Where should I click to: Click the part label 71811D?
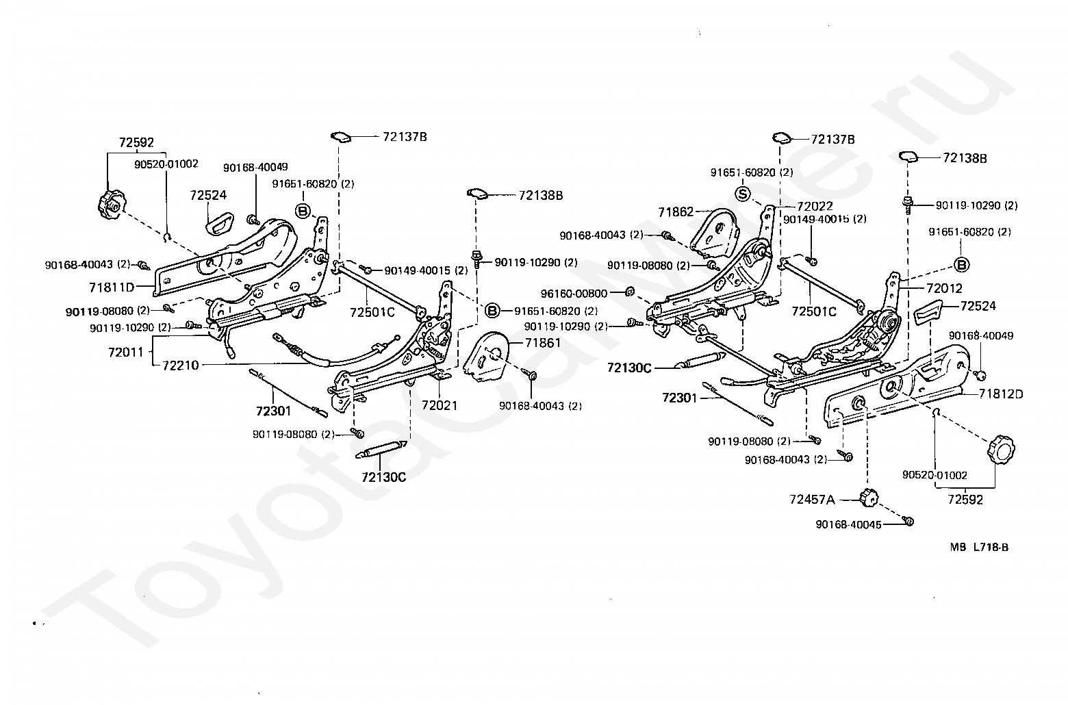coord(112,287)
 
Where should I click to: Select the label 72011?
coord(126,352)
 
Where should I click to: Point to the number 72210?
coord(180,366)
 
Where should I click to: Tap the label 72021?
coord(439,406)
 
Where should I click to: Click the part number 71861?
coord(543,343)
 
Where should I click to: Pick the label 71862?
coord(676,212)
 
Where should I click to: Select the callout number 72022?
coord(815,206)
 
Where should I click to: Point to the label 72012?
coord(945,288)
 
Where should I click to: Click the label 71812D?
coord(1001,394)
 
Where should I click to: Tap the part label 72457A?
coord(812,500)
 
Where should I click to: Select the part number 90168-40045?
coord(848,525)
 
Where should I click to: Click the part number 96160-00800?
coord(574,294)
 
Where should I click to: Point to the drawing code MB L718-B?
coord(979,547)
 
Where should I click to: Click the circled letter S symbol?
coord(742,194)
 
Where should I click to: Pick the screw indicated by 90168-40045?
coord(907,521)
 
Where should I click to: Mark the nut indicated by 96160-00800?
coord(629,292)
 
